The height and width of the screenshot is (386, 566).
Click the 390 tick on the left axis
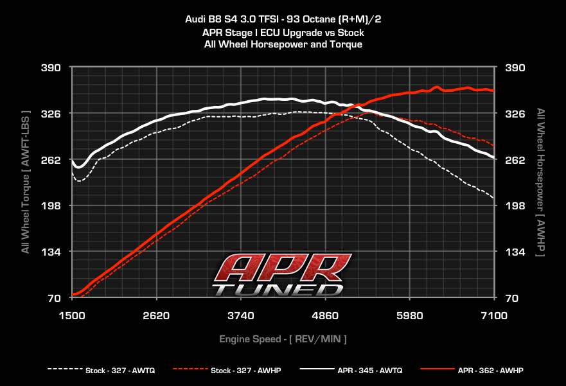pyautogui.click(x=51, y=67)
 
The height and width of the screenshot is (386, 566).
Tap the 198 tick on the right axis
pyautogui.click(x=516, y=206)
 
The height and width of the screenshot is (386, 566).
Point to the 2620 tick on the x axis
pyautogui.click(x=157, y=316)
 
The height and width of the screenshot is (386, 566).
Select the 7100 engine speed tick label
pyautogui.click(x=494, y=316)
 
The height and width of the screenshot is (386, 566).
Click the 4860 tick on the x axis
pyautogui.click(x=325, y=316)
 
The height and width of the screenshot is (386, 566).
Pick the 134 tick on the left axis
pyautogui.click(x=51, y=252)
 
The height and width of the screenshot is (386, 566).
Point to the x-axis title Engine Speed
pyautogui.click(x=283, y=338)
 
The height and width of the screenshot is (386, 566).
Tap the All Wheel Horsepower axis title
pyautogui.click(x=541, y=183)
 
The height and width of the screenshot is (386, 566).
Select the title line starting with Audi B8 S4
pyautogui.click(x=283, y=19)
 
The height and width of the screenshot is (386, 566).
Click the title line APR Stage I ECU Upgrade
pyautogui.click(x=283, y=31)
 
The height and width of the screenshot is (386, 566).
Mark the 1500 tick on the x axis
pyautogui.click(x=72, y=316)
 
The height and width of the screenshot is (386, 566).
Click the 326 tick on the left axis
pyautogui.click(x=51, y=114)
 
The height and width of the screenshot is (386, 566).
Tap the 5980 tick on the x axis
pyautogui.click(x=410, y=316)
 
